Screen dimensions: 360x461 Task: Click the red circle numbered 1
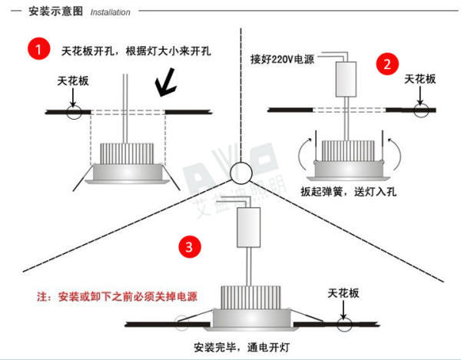click(x=37, y=50)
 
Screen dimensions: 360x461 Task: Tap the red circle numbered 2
click(x=387, y=63)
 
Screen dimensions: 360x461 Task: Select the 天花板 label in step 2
click(x=420, y=79)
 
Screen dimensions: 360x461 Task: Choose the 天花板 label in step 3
click(x=343, y=293)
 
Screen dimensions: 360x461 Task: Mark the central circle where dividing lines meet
click(x=240, y=170)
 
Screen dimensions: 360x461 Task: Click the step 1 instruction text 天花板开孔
click(x=88, y=51)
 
